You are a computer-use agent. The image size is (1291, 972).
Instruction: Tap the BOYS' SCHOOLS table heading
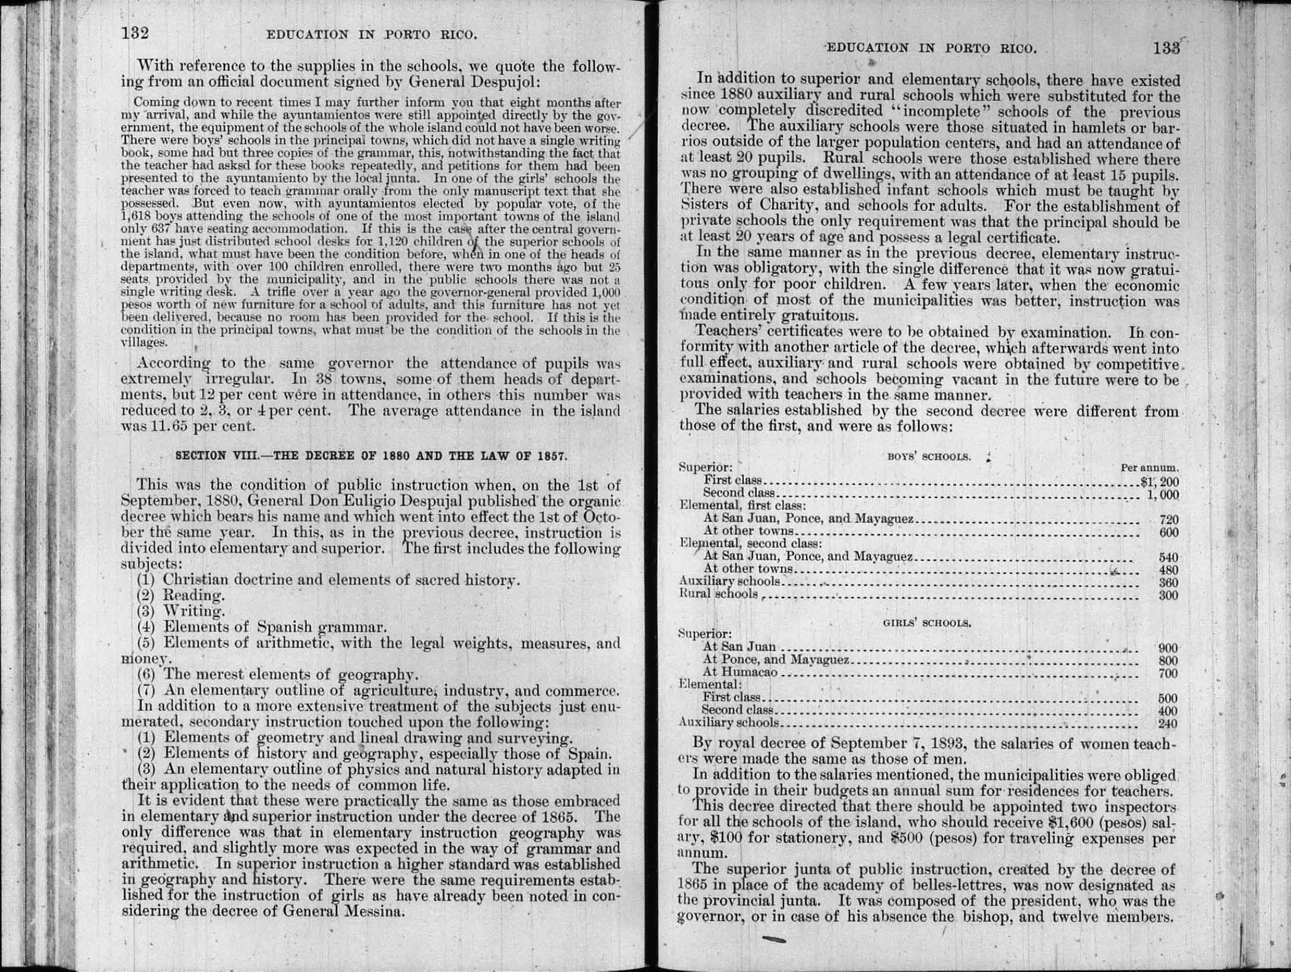(929, 456)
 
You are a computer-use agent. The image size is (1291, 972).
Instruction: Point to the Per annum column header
(1149, 468)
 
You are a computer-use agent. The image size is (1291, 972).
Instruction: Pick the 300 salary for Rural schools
(1168, 595)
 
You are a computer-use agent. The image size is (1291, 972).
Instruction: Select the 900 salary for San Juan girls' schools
(1168, 649)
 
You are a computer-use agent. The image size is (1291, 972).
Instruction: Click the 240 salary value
(1168, 723)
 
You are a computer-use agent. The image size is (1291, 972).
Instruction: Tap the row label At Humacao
(740, 672)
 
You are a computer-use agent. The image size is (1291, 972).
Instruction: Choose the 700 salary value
(1168, 674)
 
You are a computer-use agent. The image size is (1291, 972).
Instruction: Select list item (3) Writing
(181, 611)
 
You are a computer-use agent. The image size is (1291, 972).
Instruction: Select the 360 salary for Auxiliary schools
(1168, 583)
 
